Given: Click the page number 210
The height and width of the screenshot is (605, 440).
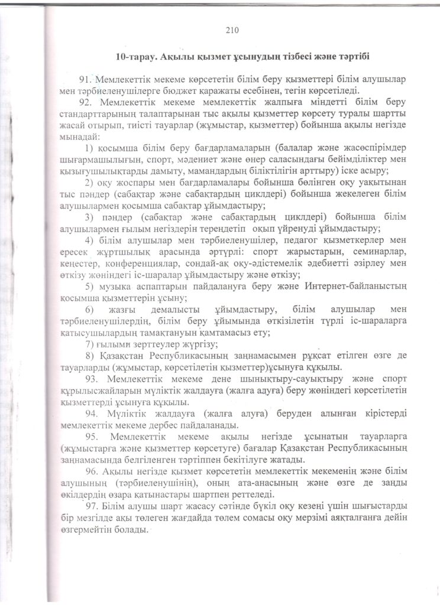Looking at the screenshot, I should pos(231,29).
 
